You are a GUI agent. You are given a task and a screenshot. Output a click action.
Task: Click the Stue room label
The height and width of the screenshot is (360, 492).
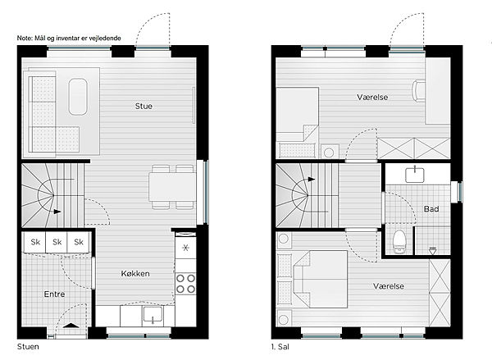pos(143,106)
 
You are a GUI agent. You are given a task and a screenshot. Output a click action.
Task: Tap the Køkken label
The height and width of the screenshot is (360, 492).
pos(135,274)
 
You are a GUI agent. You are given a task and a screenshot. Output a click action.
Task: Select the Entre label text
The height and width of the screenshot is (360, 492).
pos(54,294)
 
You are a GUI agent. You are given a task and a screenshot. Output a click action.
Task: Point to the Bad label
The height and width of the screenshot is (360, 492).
pos(431,209)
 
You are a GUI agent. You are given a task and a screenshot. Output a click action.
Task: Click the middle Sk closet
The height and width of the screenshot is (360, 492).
pos(57,242)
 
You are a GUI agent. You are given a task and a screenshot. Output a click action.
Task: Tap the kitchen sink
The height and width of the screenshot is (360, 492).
pos(153,314)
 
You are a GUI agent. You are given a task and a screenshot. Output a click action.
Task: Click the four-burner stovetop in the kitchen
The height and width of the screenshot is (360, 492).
pos(185,284)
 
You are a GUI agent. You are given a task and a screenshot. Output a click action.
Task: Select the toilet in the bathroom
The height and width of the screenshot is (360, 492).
pos(399,241)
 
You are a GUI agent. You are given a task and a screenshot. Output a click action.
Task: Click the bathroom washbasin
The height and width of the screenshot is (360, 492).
pos(415,175)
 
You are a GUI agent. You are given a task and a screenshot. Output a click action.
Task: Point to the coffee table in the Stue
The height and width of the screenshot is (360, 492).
pos(78,97)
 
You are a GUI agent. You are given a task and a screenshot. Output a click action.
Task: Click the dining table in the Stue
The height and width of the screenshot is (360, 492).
pos(172,187)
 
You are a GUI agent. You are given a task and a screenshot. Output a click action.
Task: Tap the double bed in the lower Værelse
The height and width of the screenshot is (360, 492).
pos(320,279)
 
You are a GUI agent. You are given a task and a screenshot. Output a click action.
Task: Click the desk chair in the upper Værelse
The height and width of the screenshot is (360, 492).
pos(418,91)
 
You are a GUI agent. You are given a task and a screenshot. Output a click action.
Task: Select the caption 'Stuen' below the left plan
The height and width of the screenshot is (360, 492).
pos(28,347)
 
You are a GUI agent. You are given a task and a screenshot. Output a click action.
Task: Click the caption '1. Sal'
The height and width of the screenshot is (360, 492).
pos(280,347)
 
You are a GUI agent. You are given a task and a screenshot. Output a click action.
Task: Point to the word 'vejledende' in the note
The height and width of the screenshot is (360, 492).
pos(105,39)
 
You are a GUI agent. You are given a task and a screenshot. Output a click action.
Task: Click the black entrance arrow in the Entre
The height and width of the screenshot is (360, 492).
pos(71,326)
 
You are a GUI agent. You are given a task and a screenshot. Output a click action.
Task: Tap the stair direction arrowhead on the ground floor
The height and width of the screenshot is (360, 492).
pos(57,212)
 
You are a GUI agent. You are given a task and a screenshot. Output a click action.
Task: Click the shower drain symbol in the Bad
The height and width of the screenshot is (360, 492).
pos(433,250)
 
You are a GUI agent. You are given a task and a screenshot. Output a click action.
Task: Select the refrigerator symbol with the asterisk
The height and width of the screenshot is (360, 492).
pos(185,248)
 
